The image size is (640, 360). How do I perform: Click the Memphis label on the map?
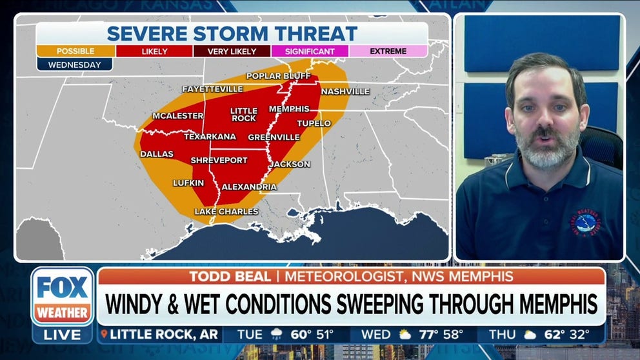point(289,109)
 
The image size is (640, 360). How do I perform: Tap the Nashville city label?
point(345,92)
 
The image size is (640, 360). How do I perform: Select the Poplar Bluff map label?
point(273,76)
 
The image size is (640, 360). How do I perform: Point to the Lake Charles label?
point(226,212)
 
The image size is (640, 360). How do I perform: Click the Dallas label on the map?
point(157,154)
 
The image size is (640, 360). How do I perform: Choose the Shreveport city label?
point(219,160)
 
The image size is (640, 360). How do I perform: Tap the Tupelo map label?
point(314,123)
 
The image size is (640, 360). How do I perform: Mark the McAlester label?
point(177,116)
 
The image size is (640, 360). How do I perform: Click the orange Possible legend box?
point(75,51)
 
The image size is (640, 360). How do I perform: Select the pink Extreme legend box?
point(388,51)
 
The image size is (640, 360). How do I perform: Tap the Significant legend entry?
point(310,51)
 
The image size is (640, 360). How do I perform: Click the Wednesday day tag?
point(74,65)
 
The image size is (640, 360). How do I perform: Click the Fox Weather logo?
point(63,297)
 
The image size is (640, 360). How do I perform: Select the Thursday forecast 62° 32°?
point(555,335)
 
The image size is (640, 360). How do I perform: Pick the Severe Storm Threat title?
point(232,34)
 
